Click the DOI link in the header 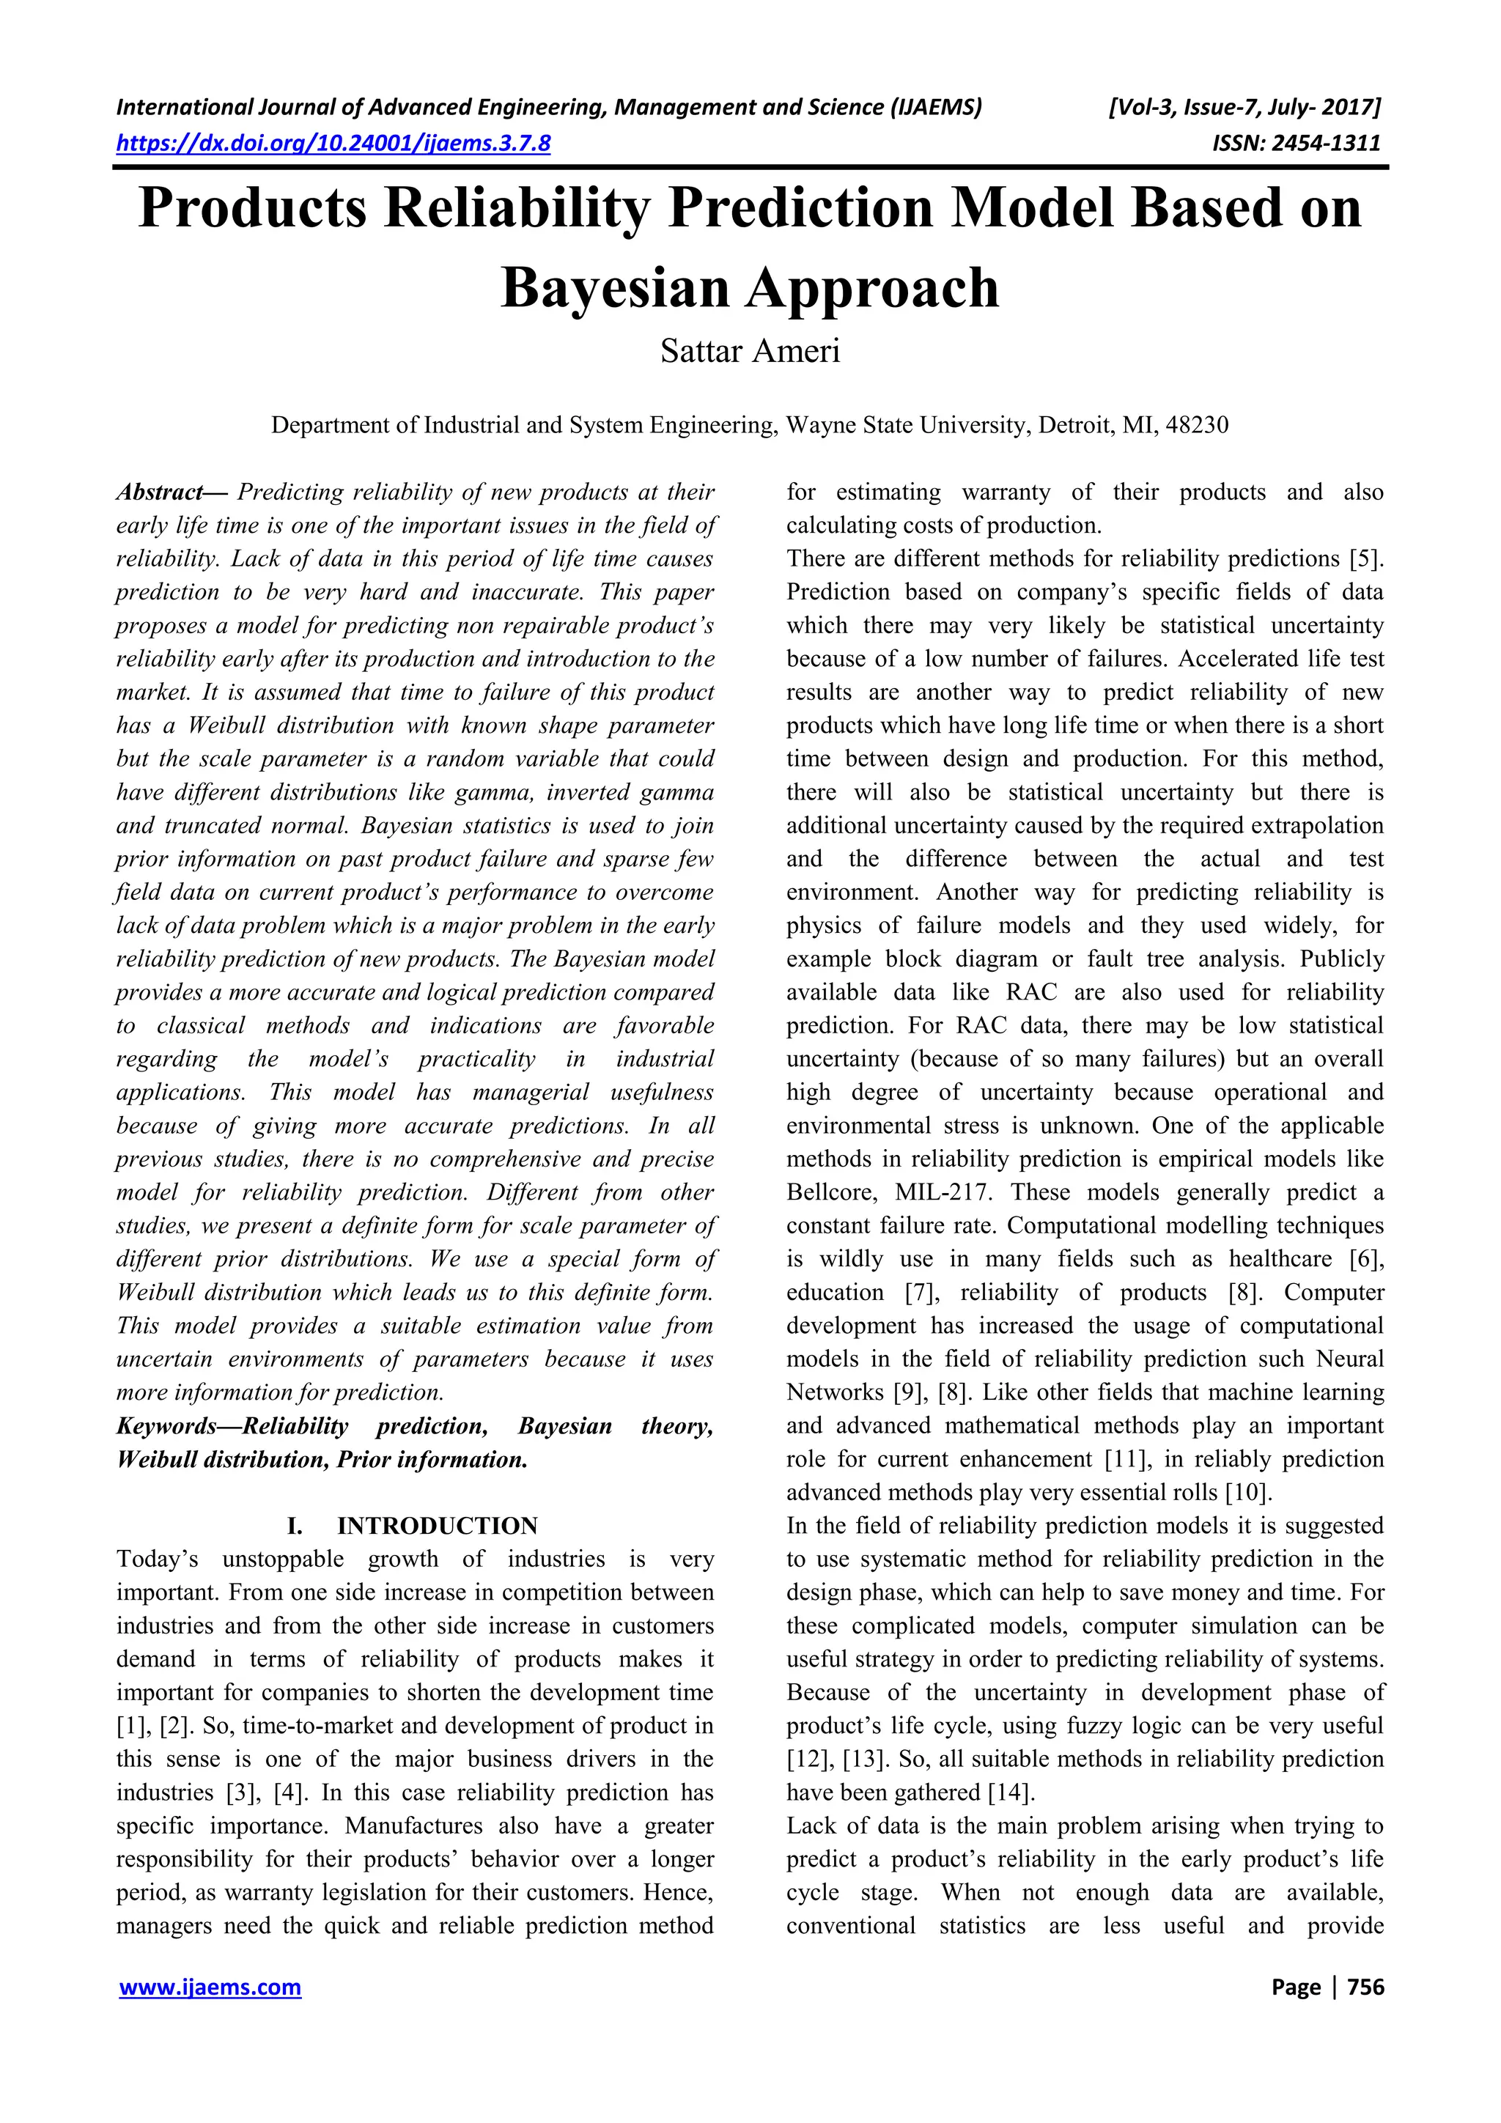333,144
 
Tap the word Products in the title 252,208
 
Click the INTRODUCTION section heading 438,1526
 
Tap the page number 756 1365,1987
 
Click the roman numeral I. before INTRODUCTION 295,1526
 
